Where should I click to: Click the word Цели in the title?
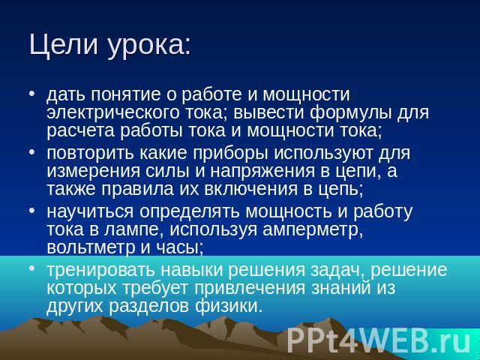[x=64, y=45]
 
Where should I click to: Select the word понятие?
[x=125, y=94]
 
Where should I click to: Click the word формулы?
[x=351, y=113]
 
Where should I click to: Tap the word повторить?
[x=90, y=153]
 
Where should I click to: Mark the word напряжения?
[x=262, y=172]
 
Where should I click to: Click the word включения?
[x=250, y=189]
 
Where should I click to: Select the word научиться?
[x=90, y=212]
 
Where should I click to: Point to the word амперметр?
[x=313, y=230]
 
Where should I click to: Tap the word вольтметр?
[x=91, y=247]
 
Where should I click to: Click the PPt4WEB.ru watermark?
[x=379, y=340]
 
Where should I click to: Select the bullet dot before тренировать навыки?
[x=31, y=268]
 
